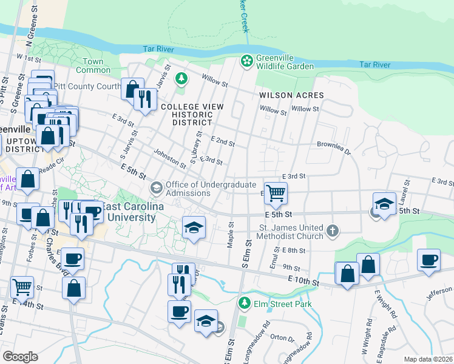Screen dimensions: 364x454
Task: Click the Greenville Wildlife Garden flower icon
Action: click(x=246, y=60)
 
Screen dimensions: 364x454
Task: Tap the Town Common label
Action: click(x=93, y=66)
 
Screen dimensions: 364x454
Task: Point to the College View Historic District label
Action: click(x=192, y=114)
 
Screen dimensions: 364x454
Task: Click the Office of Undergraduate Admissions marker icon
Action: click(x=156, y=187)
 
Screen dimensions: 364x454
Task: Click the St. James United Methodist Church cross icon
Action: click(x=331, y=230)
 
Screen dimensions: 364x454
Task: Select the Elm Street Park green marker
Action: click(x=244, y=302)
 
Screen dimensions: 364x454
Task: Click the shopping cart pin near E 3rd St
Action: click(x=276, y=194)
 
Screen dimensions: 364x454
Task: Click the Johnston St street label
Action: click(x=169, y=158)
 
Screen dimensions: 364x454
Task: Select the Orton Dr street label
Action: click(x=282, y=337)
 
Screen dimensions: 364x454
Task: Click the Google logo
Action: click(x=21, y=356)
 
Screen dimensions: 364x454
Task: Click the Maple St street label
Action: click(x=230, y=234)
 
